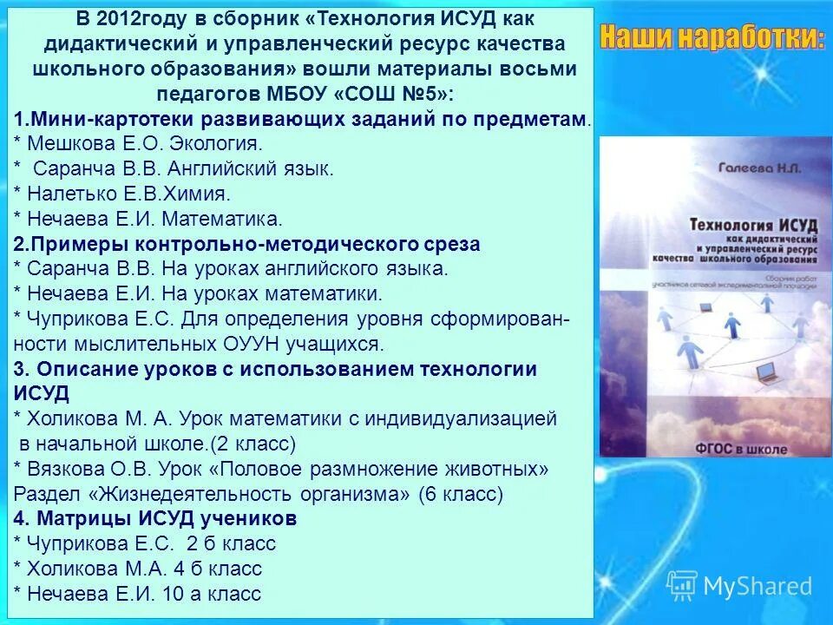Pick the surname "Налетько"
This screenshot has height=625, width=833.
pyautogui.click(x=67, y=193)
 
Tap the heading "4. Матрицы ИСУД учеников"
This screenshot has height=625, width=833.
pyautogui.click(x=156, y=519)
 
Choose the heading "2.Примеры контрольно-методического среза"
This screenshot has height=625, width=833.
pyautogui.click(x=247, y=244)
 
